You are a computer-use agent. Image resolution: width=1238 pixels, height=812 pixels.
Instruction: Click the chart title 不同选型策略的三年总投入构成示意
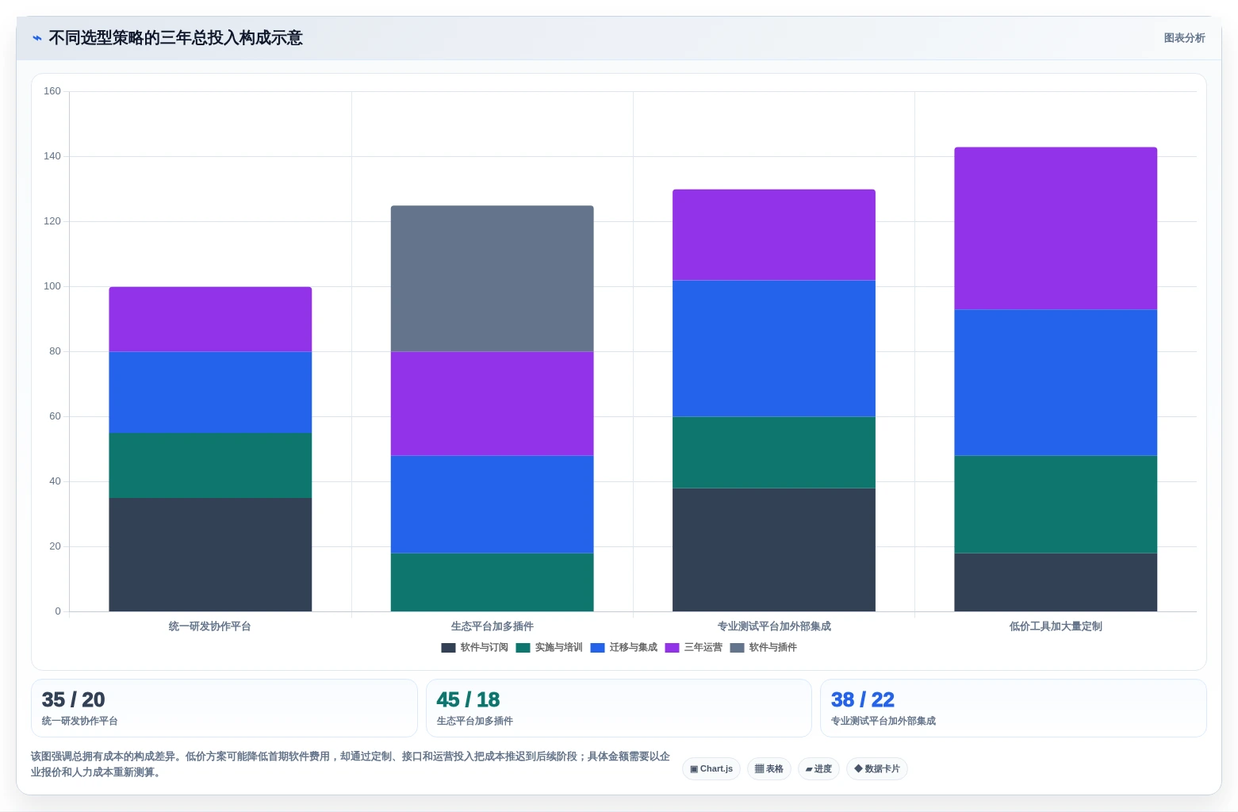176,37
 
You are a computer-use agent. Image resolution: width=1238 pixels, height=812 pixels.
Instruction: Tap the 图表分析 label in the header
1184,37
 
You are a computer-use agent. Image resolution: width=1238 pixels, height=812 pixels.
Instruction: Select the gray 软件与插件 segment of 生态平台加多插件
492,278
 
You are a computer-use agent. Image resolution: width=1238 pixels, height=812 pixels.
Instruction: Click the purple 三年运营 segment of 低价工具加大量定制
1055,228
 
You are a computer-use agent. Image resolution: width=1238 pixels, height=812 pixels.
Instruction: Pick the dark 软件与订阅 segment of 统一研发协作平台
210,554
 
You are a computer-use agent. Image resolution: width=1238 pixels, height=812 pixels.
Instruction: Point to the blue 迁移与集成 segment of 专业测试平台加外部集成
774,348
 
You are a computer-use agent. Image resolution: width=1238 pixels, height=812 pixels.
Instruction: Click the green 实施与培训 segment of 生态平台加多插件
492,582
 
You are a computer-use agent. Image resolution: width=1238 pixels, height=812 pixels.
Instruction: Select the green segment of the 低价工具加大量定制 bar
1055,504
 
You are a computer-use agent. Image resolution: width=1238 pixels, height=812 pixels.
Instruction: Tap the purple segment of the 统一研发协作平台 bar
210,319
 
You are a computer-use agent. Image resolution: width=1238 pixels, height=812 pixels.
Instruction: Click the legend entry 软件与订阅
475,647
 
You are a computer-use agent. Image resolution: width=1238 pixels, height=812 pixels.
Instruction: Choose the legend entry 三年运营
694,647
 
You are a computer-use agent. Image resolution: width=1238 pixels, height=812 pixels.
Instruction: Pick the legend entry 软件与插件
763,647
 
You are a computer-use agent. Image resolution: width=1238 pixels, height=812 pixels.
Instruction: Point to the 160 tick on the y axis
52,90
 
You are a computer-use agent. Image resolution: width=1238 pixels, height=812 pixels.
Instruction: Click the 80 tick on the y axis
55,351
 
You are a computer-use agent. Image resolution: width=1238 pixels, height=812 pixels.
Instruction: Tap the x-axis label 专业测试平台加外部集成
774,626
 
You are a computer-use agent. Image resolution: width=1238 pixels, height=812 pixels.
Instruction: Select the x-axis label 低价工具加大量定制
1055,626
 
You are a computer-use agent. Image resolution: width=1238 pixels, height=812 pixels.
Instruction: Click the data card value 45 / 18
468,699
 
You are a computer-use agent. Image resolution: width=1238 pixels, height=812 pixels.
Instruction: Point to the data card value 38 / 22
862,699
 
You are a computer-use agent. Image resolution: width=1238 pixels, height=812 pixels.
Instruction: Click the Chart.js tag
711,769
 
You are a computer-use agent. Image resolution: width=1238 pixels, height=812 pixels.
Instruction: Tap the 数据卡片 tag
876,769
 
